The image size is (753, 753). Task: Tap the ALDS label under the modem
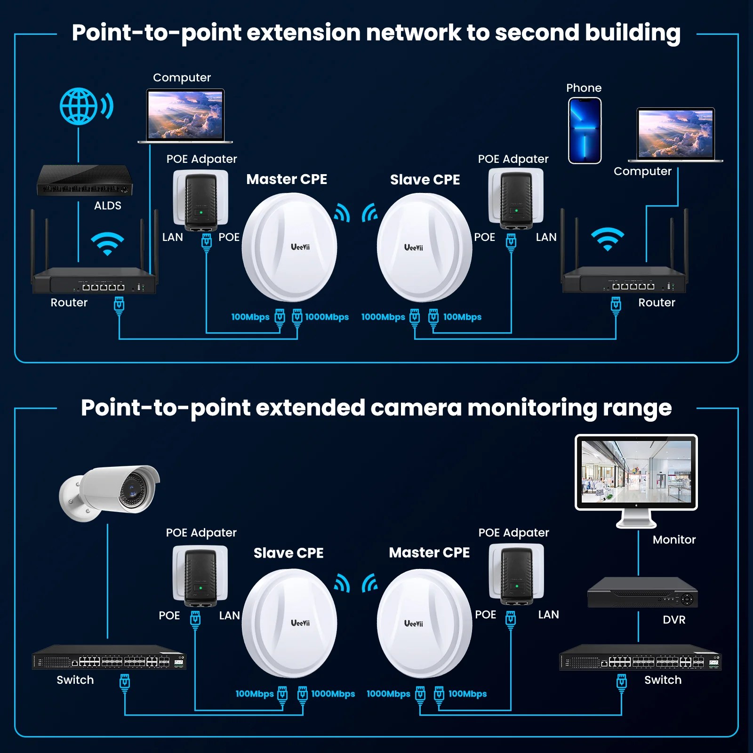point(107,206)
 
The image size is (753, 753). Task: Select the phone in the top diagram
point(585,130)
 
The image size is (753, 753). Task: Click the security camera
point(110,492)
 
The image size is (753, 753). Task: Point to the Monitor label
point(674,540)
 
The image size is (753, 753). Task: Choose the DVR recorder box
point(642,593)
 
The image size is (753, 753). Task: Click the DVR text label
point(674,620)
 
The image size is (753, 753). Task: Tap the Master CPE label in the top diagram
point(287,179)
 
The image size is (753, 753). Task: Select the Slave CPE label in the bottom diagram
point(288,553)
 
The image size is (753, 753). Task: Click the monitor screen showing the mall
point(636,472)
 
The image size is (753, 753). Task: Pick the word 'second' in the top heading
point(536,33)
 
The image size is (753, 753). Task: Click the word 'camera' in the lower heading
point(415,408)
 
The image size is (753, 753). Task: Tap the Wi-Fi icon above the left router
point(107,243)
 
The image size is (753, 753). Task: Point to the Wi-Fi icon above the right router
point(608,239)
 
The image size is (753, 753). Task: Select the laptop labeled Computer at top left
point(185,116)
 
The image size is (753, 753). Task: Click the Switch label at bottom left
point(75,680)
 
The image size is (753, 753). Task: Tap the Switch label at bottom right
point(663,680)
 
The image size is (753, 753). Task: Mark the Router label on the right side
point(657,303)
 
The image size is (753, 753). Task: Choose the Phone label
point(584,88)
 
